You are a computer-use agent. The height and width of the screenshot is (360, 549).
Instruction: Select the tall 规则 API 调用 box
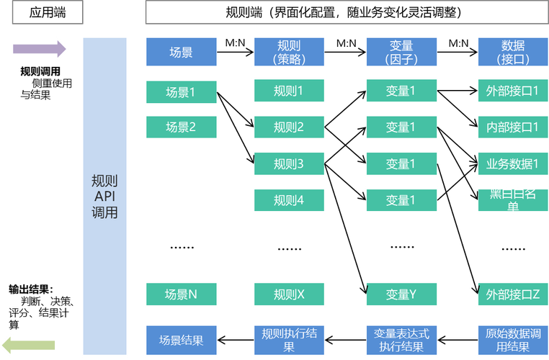point(105,196)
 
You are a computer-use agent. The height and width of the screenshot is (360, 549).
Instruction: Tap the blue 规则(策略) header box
point(289,53)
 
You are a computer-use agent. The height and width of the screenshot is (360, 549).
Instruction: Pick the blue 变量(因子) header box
point(401,53)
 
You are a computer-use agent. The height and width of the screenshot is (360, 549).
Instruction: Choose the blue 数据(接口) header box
point(512,53)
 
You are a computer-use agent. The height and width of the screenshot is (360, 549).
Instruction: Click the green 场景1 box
point(181,91)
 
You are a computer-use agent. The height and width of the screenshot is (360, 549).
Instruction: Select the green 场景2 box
point(181,127)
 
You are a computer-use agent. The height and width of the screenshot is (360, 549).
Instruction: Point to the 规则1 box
point(289,91)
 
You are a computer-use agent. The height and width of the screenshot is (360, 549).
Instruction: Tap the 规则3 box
point(289,164)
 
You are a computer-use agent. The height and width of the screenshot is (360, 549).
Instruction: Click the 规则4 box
point(289,200)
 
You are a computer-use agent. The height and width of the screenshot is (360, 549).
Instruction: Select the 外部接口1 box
point(512,91)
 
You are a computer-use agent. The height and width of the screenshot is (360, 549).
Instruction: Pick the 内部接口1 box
point(512,127)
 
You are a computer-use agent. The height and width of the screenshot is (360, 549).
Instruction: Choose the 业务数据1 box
point(512,163)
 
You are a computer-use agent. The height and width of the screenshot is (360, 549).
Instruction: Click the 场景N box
point(181,294)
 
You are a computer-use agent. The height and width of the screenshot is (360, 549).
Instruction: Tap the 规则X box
point(289,294)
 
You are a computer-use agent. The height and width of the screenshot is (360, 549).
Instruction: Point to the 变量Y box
point(401,294)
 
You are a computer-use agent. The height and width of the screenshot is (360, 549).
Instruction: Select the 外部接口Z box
point(512,294)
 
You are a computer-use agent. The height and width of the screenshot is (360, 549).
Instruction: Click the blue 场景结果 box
point(181,339)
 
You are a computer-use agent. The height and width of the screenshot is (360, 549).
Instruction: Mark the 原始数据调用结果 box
point(512,339)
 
